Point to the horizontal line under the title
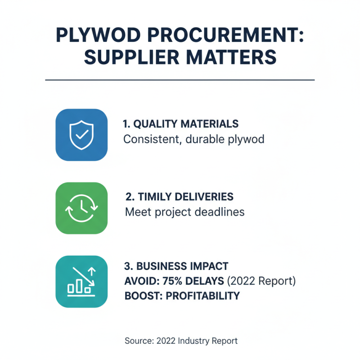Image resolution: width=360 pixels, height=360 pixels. [x=180, y=80]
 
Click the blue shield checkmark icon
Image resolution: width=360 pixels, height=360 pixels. [x=81, y=135]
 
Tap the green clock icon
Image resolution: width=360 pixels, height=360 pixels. [x=81, y=208]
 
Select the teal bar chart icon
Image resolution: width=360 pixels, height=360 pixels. [x=81, y=282]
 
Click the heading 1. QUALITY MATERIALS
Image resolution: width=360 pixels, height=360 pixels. [x=181, y=124]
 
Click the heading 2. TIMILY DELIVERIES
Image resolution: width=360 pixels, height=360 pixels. [x=179, y=197]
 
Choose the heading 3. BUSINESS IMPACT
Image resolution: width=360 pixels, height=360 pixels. [x=175, y=266]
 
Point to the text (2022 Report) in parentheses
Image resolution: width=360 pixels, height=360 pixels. [x=261, y=281]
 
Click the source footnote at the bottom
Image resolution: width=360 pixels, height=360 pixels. [x=181, y=341]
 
